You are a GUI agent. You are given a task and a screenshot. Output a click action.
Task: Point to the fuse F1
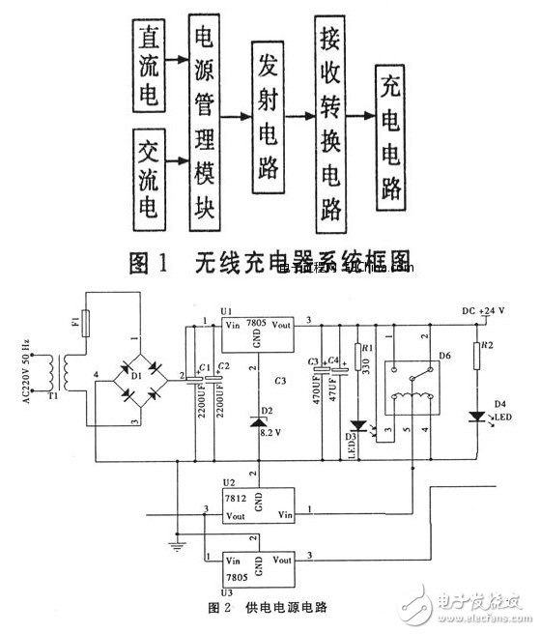87,321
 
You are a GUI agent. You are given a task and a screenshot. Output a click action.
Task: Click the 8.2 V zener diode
254,421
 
